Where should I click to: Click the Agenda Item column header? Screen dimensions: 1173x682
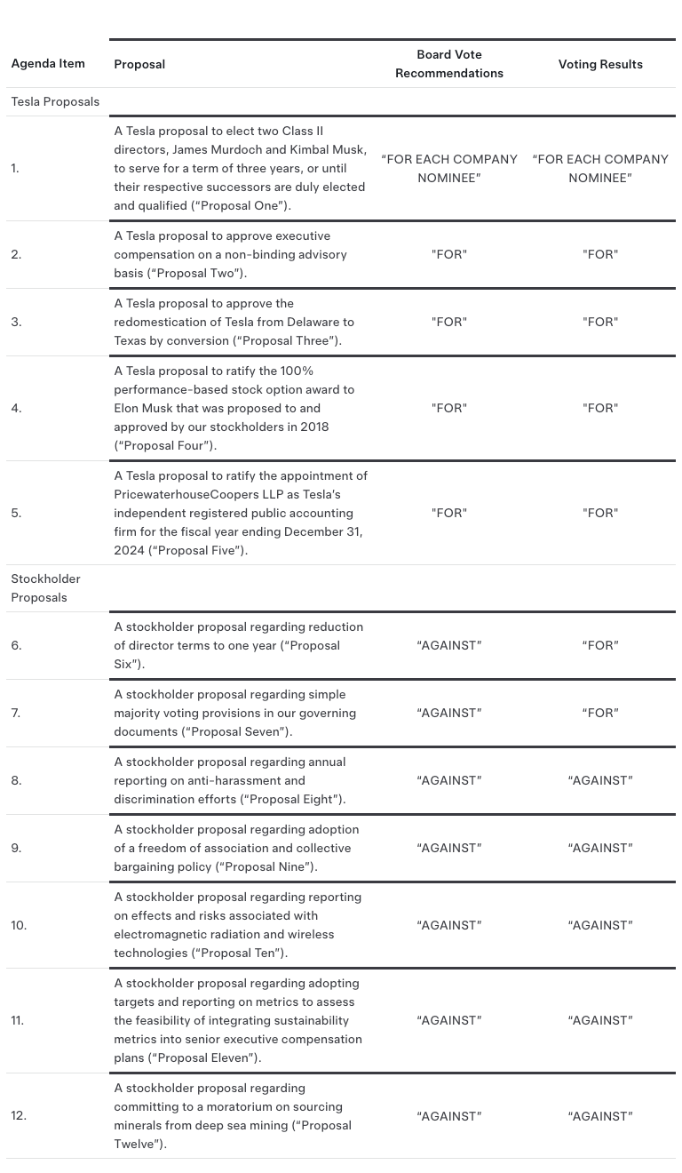point(48,63)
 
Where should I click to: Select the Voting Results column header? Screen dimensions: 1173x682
point(600,64)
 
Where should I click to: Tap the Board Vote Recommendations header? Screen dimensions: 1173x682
point(449,64)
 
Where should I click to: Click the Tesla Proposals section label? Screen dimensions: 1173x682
point(55,101)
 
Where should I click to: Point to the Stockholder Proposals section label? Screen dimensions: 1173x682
point(45,587)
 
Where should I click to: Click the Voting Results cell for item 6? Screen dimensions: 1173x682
point(600,645)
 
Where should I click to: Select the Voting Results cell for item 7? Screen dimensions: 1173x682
point(600,713)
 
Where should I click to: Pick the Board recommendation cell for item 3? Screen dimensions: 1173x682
point(449,322)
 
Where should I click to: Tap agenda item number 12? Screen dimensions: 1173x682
point(19,1115)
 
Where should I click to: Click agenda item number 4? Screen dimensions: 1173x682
point(16,408)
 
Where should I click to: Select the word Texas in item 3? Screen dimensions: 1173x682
point(131,340)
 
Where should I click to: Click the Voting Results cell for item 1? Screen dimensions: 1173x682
point(600,168)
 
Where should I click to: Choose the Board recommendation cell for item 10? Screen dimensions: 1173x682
point(449,925)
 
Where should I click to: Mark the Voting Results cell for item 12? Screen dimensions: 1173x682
point(600,1115)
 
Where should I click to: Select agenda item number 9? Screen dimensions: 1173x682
point(16,848)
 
